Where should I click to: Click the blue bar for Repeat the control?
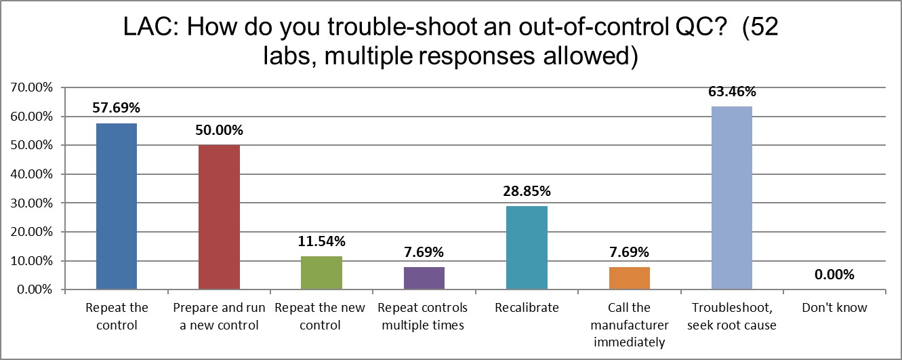(117, 206)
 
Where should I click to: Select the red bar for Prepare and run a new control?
(219, 217)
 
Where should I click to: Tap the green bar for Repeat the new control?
(321, 273)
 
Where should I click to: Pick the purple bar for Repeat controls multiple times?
(424, 278)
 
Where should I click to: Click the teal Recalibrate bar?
(527, 247)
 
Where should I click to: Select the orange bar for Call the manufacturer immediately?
(629, 278)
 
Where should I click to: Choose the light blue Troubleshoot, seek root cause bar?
(731, 198)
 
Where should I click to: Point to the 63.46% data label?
(731, 92)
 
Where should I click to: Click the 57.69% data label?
(117, 108)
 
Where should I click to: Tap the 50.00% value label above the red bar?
(219, 130)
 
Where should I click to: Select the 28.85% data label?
(527, 191)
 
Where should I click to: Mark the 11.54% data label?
(321, 241)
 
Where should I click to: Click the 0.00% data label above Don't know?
(834, 275)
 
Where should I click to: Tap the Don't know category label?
(834, 308)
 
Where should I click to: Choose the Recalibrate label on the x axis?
(527, 308)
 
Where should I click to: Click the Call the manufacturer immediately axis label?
(629, 325)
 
